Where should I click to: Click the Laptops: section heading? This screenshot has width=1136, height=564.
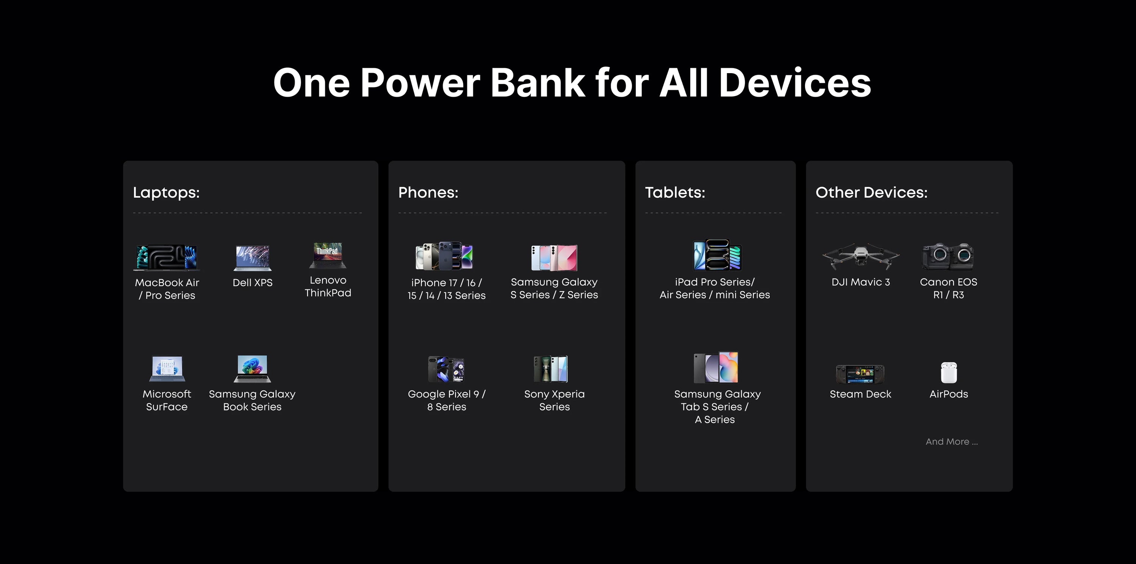tap(166, 193)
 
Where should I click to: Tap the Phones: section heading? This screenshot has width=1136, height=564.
tap(428, 193)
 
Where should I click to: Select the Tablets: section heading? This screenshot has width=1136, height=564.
tap(675, 193)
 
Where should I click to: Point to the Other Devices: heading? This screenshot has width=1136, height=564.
tap(871, 193)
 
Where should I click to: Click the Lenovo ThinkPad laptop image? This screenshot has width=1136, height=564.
tap(328, 255)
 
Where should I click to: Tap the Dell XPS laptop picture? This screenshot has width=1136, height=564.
tap(252, 258)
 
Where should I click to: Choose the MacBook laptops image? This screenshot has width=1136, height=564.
tap(167, 258)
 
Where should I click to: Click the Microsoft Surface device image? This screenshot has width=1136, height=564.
tap(167, 369)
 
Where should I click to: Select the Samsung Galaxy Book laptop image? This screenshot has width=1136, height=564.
tap(252, 369)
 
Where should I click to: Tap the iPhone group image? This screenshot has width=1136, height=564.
tap(445, 256)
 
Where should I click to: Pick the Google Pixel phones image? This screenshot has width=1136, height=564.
tap(446, 369)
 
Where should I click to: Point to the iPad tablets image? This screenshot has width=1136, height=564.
tap(718, 255)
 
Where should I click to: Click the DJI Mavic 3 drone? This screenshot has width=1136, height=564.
tap(861, 256)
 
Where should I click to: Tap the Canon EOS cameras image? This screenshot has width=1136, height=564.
tap(948, 256)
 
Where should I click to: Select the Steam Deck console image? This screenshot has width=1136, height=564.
tap(860, 374)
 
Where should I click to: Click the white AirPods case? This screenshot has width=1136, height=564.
tap(949, 373)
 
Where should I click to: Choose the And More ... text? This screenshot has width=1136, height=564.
tap(952, 441)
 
